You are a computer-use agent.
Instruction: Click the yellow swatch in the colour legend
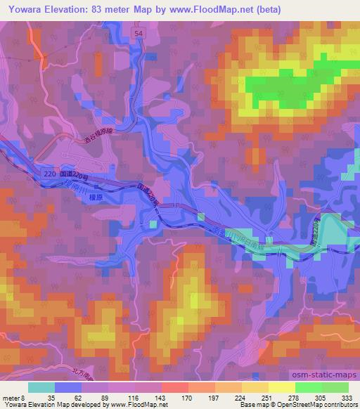281,387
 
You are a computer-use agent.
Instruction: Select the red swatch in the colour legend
174,387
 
